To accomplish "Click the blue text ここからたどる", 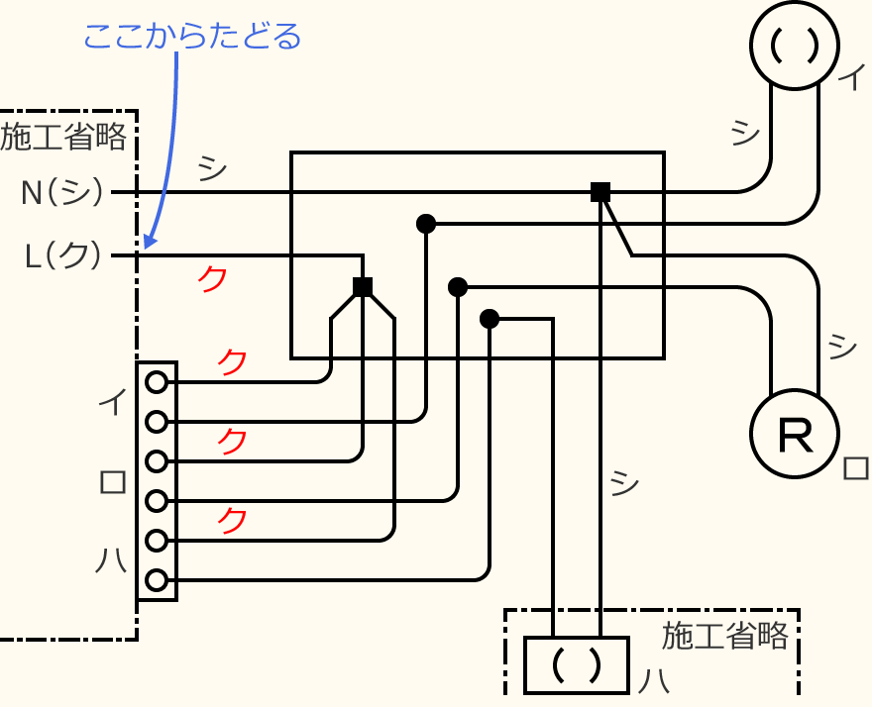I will (192, 38).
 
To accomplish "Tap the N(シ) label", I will (62, 191).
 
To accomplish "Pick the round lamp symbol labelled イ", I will (795, 45).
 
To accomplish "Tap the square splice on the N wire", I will (599, 192).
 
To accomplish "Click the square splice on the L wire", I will (363, 287).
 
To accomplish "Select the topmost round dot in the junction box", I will (426, 224).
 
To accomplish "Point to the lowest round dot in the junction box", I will (489, 319).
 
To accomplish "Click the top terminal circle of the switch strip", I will (156, 381).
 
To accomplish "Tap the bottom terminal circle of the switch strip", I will (156, 580).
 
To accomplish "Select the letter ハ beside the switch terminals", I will (111, 561).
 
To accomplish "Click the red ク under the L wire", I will (212, 279).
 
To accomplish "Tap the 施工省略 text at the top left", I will (63, 137).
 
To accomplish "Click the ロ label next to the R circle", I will (855, 467).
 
